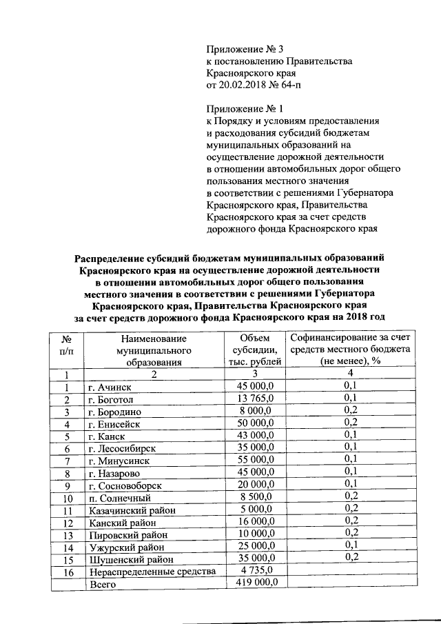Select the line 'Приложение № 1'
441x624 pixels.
(x=245, y=109)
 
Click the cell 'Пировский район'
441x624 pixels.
(x=125, y=535)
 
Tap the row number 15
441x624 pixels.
(x=68, y=559)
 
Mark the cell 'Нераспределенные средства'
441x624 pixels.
(x=152, y=572)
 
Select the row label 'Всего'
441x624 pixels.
(x=102, y=584)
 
